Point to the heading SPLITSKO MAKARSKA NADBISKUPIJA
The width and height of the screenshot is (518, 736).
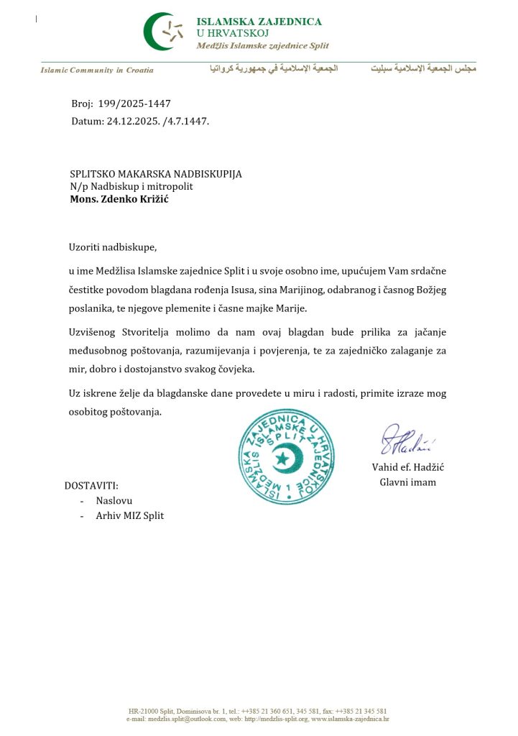[x=156, y=174]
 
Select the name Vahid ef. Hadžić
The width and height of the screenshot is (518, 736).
[x=408, y=468]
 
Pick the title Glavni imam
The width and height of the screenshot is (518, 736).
[x=407, y=482]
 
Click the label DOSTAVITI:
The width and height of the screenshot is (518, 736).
[x=91, y=485]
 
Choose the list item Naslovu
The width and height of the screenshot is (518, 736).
[x=114, y=500]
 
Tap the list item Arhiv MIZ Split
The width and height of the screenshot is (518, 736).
[x=129, y=515]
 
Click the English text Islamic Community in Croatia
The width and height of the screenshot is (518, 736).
[x=97, y=70]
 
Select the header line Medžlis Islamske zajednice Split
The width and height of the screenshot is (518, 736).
[x=262, y=46]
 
